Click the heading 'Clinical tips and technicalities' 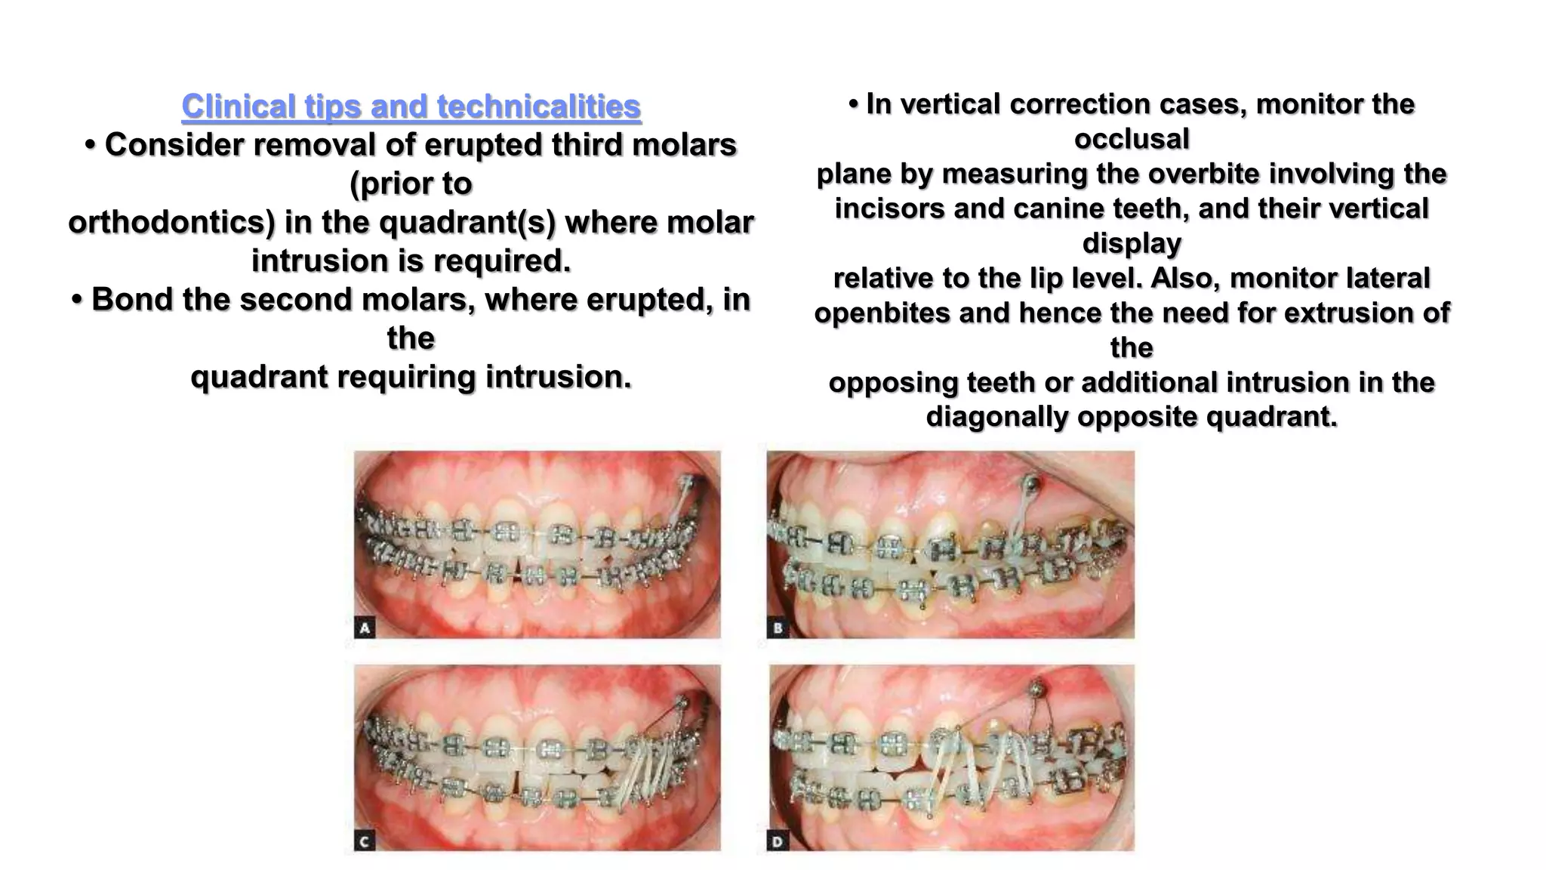(x=411, y=106)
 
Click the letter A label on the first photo (x=365, y=627)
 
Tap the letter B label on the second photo (x=778, y=627)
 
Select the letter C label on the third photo (x=365, y=841)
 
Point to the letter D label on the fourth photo (x=778, y=841)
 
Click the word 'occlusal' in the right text (x=1132, y=139)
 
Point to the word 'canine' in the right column (x=1057, y=208)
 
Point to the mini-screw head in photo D (x=1038, y=688)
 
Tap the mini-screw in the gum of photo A (x=685, y=480)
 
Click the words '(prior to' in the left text (x=411, y=184)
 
